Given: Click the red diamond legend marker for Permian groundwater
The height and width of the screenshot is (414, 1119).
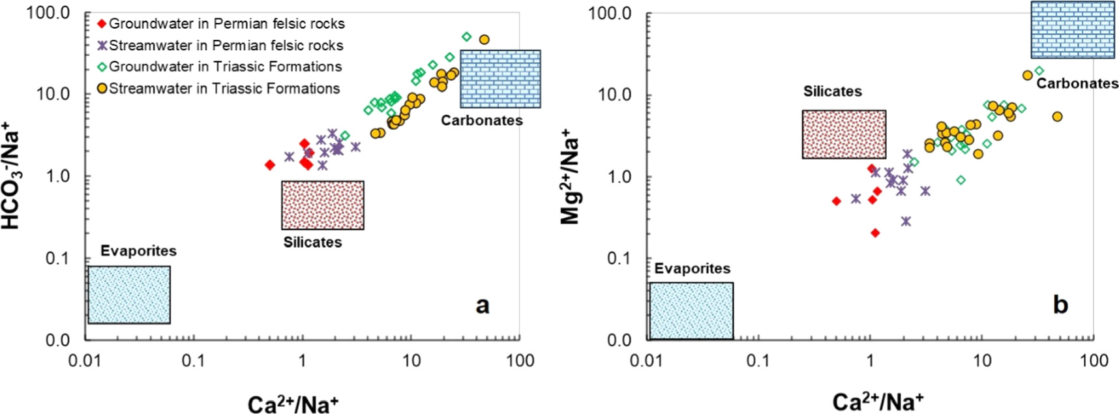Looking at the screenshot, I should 101,24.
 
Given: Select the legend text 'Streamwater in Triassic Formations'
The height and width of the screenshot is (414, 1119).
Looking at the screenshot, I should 224,88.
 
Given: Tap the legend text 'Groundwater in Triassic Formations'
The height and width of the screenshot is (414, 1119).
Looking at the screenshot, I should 225,67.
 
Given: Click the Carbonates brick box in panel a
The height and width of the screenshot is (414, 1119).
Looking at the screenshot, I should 500,78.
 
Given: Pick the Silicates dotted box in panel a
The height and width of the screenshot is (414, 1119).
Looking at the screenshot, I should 322,205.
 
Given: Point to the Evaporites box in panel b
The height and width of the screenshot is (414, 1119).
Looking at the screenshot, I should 691,310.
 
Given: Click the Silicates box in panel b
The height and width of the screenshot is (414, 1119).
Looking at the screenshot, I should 844,134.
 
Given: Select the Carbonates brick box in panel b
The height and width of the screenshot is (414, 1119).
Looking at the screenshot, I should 1072,30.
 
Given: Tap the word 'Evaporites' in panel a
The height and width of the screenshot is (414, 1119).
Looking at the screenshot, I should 138,251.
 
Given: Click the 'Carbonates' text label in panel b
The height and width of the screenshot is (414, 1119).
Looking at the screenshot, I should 1077,83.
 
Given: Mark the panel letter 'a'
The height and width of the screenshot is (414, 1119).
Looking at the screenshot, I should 482,304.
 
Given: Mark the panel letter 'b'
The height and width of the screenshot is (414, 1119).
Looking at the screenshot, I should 1060,304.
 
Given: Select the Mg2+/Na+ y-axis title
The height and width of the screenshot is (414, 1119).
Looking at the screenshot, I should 571,176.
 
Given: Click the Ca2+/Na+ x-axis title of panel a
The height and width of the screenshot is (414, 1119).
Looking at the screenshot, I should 293,404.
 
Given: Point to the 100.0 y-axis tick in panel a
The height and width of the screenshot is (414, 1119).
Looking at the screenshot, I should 48,12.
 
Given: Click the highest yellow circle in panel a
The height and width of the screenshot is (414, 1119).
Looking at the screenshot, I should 484,39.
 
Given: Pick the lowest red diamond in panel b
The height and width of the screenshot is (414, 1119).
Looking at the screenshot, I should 875,233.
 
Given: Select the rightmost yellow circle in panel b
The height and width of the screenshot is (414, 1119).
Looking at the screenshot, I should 1057,117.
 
